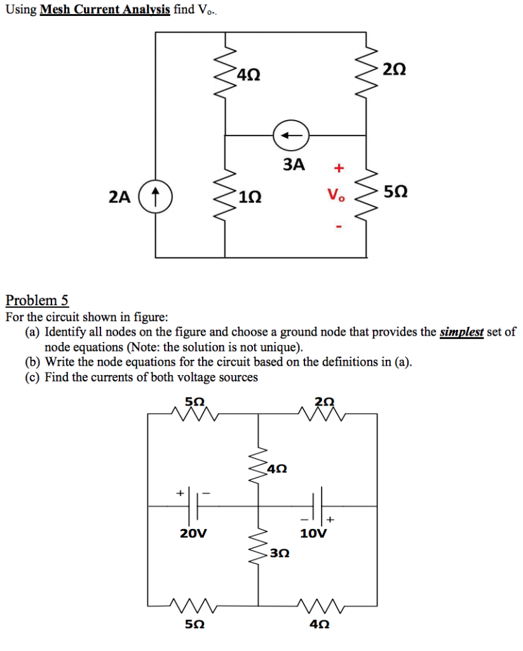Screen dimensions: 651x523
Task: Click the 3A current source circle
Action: point(290,135)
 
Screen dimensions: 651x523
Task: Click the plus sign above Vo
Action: point(339,168)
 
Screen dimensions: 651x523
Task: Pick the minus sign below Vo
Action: point(339,226)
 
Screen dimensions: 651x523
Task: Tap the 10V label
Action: point(313,533)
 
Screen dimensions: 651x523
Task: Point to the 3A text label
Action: point(294,165)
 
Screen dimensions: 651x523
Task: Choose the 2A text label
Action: point(119,197)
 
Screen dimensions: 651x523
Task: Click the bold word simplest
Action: point(462,332)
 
